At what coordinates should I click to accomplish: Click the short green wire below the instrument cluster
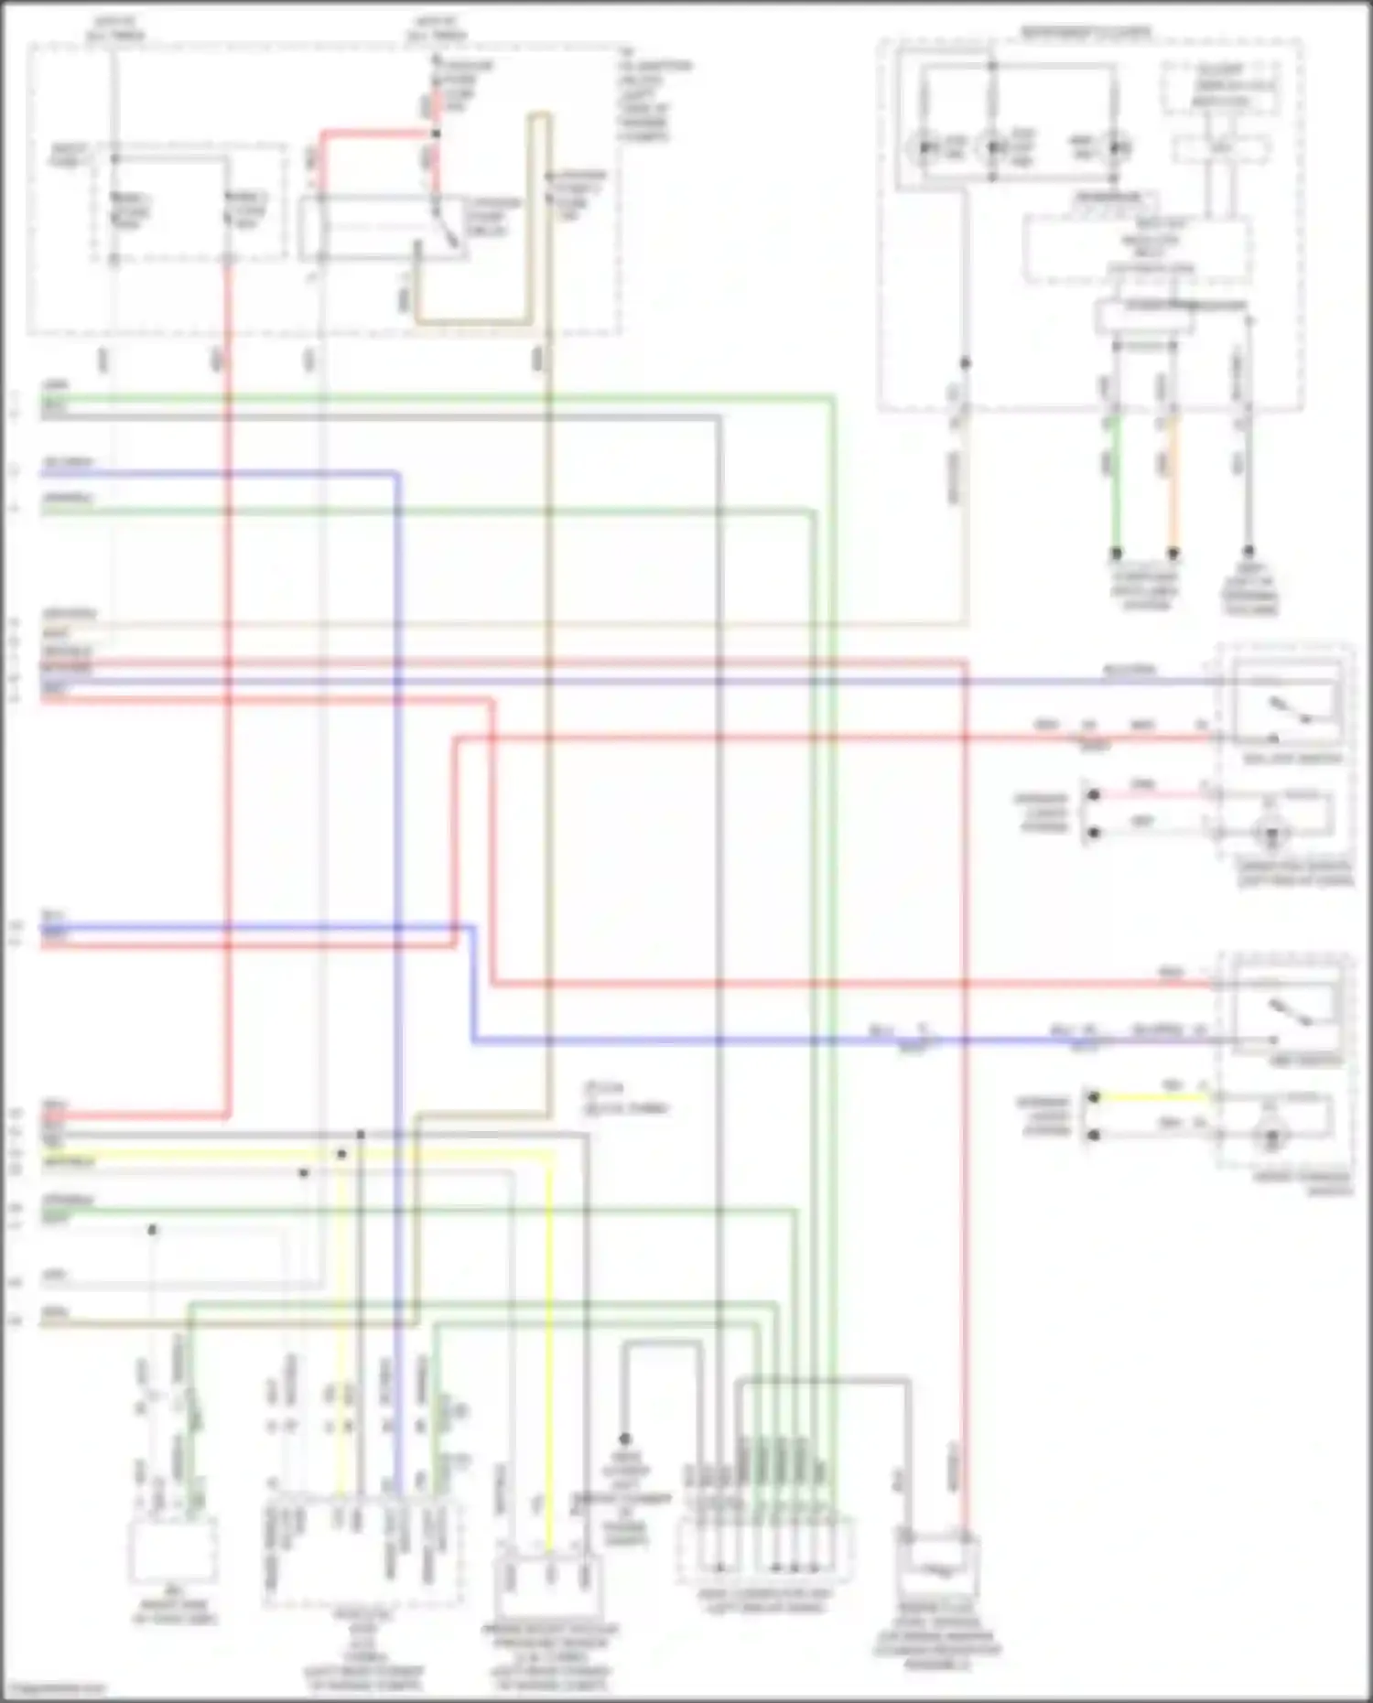pos(1116,485)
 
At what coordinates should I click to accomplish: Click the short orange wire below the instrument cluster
pos(1173,485)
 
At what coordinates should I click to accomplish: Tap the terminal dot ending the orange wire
pos(1173,554)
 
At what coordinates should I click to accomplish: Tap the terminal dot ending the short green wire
pos(1116,554)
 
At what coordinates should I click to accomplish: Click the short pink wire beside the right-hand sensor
pos(1150,794)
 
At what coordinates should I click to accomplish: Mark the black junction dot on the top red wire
pos(436,134)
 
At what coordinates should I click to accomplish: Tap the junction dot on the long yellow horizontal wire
pos(341,1155)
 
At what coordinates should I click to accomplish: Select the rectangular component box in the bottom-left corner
pos(173,1550)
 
